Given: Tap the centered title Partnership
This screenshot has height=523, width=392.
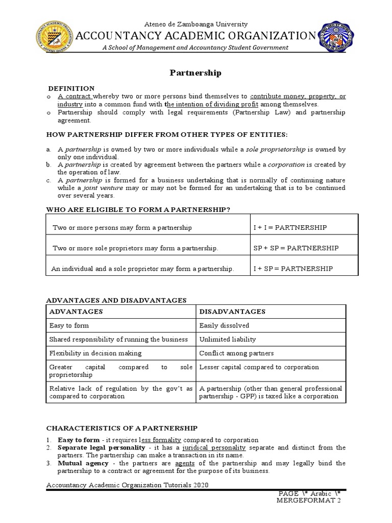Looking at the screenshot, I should point(195,73).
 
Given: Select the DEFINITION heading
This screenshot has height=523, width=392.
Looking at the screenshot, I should point(71,88).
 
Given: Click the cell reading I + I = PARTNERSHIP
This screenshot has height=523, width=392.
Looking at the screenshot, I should point(290,227).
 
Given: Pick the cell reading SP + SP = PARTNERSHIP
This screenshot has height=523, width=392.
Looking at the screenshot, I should point(296,248).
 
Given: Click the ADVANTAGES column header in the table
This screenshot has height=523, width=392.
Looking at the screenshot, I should point(76,312).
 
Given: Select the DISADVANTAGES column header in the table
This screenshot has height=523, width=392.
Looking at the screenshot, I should point(232,312).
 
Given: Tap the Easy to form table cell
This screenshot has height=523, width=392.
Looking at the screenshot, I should point(69,325).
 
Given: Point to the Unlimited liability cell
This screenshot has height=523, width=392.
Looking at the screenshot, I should point(228,339).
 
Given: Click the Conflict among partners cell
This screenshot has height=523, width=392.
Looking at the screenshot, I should point(236,353).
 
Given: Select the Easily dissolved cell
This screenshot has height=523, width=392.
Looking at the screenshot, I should point(224,325).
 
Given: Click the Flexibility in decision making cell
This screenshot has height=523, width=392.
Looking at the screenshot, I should point(95,353).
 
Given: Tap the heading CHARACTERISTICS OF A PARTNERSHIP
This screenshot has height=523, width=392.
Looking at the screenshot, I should point(121,427).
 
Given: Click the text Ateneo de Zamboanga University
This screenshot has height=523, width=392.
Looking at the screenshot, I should point(196,24).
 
